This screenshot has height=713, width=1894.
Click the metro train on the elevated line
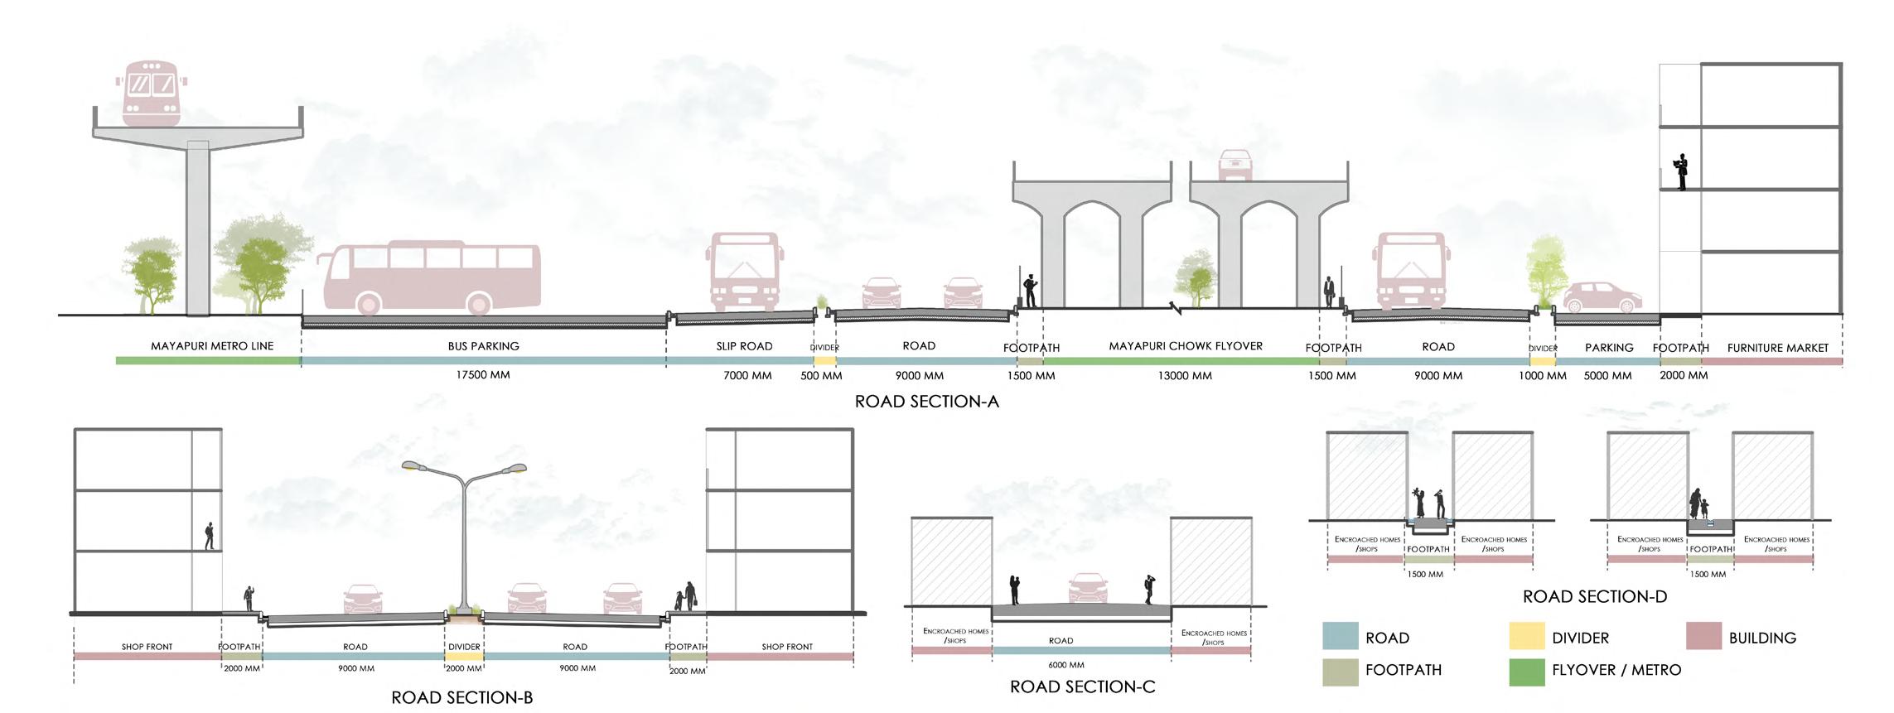151,93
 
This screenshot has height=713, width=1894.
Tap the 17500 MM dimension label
483,375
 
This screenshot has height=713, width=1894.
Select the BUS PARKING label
483,346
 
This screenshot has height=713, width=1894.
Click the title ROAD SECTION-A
926,402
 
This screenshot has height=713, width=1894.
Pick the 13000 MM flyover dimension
1185,376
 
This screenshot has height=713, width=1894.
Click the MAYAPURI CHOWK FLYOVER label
1186,346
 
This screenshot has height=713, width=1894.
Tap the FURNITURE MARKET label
1777,349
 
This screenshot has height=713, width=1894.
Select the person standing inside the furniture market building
1681,171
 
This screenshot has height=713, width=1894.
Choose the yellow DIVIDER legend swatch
1527,636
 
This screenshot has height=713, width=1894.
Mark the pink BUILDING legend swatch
1703,636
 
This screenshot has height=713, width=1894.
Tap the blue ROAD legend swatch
1341,636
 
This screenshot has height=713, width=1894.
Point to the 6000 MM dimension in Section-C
1065,665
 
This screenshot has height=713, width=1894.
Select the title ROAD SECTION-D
1594,597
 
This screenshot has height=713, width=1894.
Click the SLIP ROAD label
744,346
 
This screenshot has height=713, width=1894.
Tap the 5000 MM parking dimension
1607,376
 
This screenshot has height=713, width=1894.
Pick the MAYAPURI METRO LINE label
212,346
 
